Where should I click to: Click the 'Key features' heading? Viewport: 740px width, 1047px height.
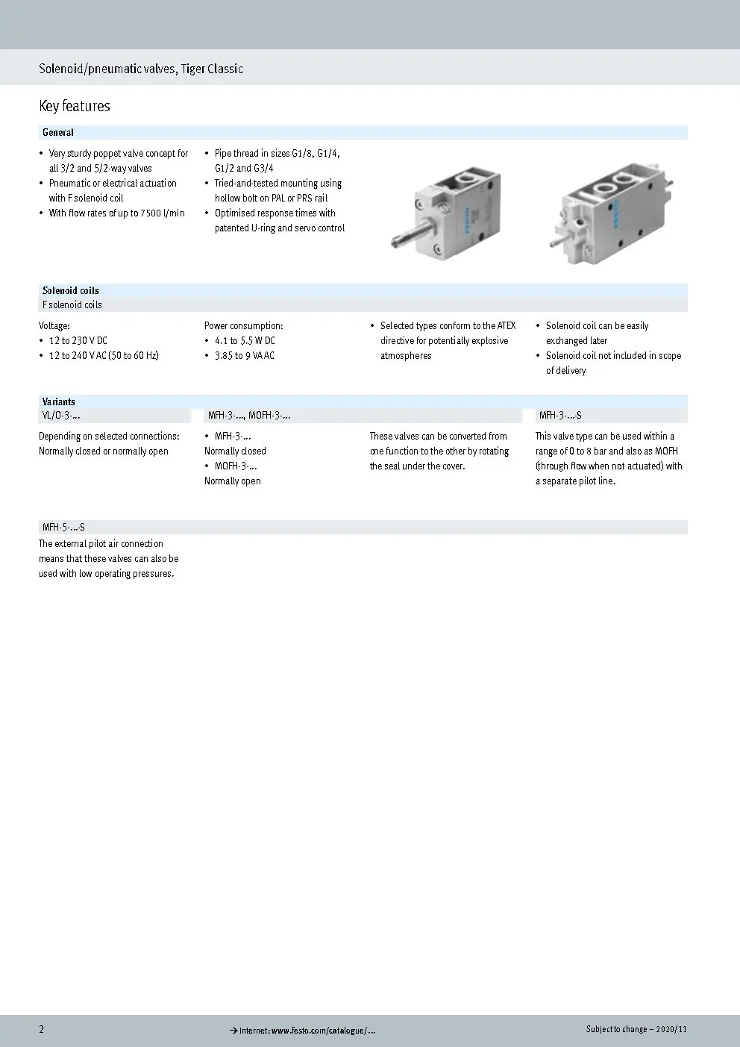click(x=74, y=106)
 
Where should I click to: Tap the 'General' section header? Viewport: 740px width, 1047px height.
click(x=57, y=133)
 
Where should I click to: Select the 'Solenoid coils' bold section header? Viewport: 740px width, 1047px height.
click(x=70, y=290)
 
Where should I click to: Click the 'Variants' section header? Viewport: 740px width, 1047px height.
click(x=58, y=401)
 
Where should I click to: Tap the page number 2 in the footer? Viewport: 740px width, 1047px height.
click(x=42, y=1029)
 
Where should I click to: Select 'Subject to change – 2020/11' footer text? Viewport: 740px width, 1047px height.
click(x=636, y=1029)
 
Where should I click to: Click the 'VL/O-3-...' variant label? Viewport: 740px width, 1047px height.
click(x=61, y=416)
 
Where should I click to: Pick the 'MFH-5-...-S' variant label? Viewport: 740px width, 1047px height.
click(x=63, y=528)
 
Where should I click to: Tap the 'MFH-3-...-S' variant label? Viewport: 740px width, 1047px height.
click(x=560, y=416)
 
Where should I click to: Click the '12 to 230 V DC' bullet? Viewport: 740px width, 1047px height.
click(x=78, y=341)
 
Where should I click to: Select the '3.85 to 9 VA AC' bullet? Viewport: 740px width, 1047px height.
click(x=244, y=356)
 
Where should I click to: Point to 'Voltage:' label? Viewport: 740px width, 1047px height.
click(x=54, y=326)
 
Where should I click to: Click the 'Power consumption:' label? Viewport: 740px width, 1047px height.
click(x=243, y=326)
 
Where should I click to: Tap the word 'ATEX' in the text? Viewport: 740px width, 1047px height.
click(x=506, y=326)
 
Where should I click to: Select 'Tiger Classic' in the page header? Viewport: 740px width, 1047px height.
click(x=212, y=69)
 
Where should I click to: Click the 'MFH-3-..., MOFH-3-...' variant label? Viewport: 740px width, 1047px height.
click(x=248, y=416)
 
